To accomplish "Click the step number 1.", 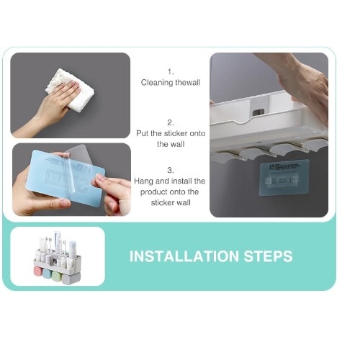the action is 171,72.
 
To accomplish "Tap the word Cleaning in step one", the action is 157,83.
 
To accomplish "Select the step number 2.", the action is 171,122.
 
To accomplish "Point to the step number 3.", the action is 171,170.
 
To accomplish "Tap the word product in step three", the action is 153,192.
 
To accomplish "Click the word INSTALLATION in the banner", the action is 184,256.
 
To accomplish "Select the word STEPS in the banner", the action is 269,256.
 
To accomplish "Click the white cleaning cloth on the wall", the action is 70,90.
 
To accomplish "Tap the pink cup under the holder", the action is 38,271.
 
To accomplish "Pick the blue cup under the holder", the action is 47,273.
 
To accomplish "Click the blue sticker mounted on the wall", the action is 284,178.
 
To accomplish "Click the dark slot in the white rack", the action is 258,112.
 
